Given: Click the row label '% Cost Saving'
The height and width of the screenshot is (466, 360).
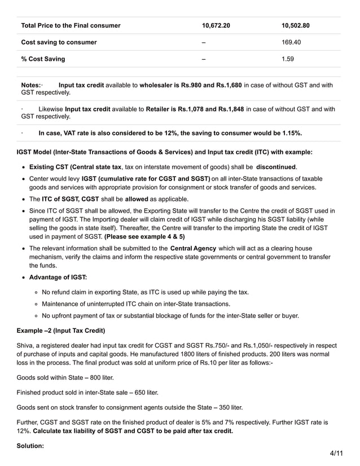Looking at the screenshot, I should coord(43,59).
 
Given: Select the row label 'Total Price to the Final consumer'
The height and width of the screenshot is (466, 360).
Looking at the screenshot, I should coord(71,25).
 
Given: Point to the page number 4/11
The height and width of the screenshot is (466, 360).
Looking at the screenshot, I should coord(336,453).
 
